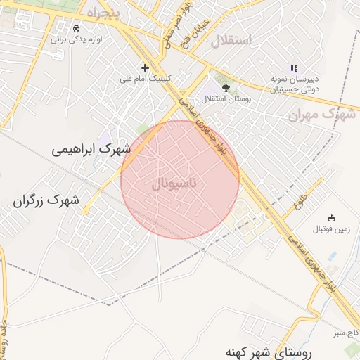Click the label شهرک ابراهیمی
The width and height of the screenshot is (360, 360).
[x=92, y=150]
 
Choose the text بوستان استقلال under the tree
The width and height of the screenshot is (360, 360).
[x=227, y=100]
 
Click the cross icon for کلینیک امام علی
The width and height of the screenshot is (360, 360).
[x=146, y=67]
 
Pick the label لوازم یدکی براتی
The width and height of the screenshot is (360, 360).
[x=77, y=39]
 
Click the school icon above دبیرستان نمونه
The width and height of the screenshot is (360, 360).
[x=294, y=67]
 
